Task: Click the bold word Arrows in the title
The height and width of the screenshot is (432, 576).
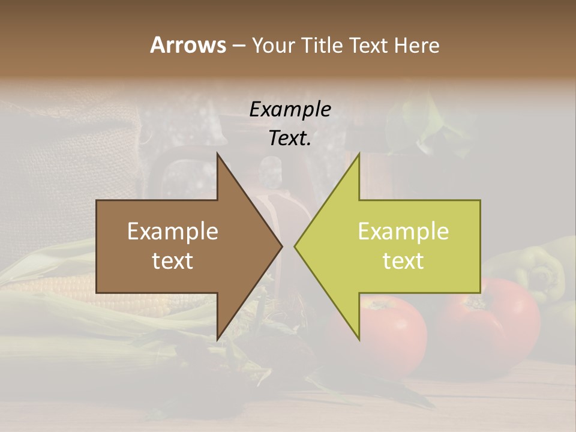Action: coord(188,45)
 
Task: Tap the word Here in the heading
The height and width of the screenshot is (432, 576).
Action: coord(416,46)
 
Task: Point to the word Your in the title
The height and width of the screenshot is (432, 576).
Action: coord(272,46)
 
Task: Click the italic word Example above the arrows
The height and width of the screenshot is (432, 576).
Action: coord(290,110)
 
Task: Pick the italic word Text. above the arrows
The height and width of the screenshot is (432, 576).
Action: coord(290,138)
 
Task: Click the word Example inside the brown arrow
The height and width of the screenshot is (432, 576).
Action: coord(173,232)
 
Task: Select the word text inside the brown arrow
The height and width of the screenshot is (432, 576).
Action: coord(173,261)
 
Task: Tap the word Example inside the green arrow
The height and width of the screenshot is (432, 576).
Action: coord(403,232)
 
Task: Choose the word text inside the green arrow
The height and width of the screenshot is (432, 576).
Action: coord(403,261)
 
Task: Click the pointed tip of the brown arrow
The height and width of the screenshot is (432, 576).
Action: coord(281,246)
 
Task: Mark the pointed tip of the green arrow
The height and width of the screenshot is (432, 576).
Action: coord(296,246)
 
